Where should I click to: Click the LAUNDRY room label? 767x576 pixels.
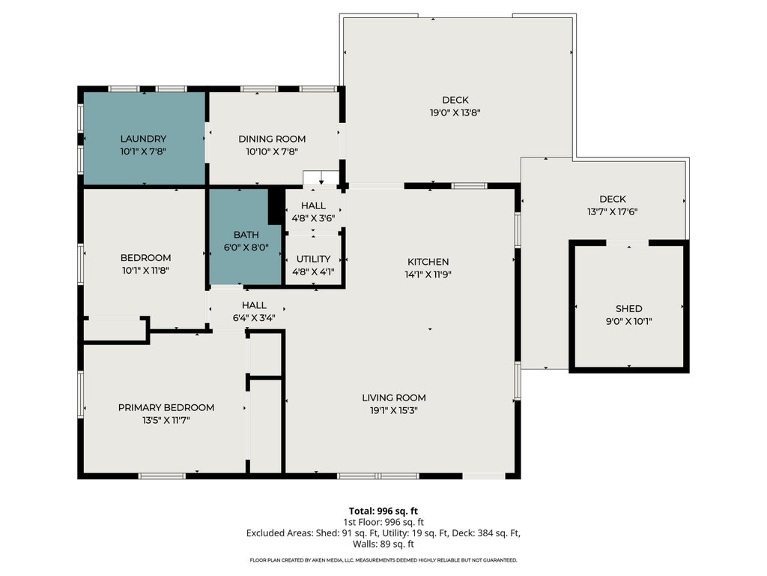pos(143,139)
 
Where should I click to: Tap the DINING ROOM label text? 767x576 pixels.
pos(272,139)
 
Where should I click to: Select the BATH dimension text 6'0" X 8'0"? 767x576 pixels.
pos(246,247)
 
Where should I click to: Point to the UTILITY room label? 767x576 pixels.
pos(313,259)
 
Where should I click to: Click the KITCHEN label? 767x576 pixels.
pos(428,262)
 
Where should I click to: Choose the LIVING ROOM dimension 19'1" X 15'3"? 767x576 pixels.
pos(394,410)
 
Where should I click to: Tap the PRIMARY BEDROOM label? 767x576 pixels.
pos(166,407)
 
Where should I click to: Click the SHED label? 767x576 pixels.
pos(629,308)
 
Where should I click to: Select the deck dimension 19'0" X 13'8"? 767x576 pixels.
pos(455,112)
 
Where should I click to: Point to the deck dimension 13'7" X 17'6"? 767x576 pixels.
pos(613,211)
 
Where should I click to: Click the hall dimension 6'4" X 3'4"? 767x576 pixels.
pos(254,318)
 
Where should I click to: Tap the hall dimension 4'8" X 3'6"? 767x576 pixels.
pos(313,218)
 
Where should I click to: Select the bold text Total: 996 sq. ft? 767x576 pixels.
pos(383,511)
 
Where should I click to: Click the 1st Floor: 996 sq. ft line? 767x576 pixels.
pos(383,522)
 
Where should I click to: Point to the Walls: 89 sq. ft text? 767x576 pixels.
pos(383,544)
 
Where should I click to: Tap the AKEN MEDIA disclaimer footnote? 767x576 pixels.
pos(383,559)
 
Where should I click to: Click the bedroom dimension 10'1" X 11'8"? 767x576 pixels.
pos(145,270)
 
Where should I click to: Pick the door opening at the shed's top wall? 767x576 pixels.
pos(628,243)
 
